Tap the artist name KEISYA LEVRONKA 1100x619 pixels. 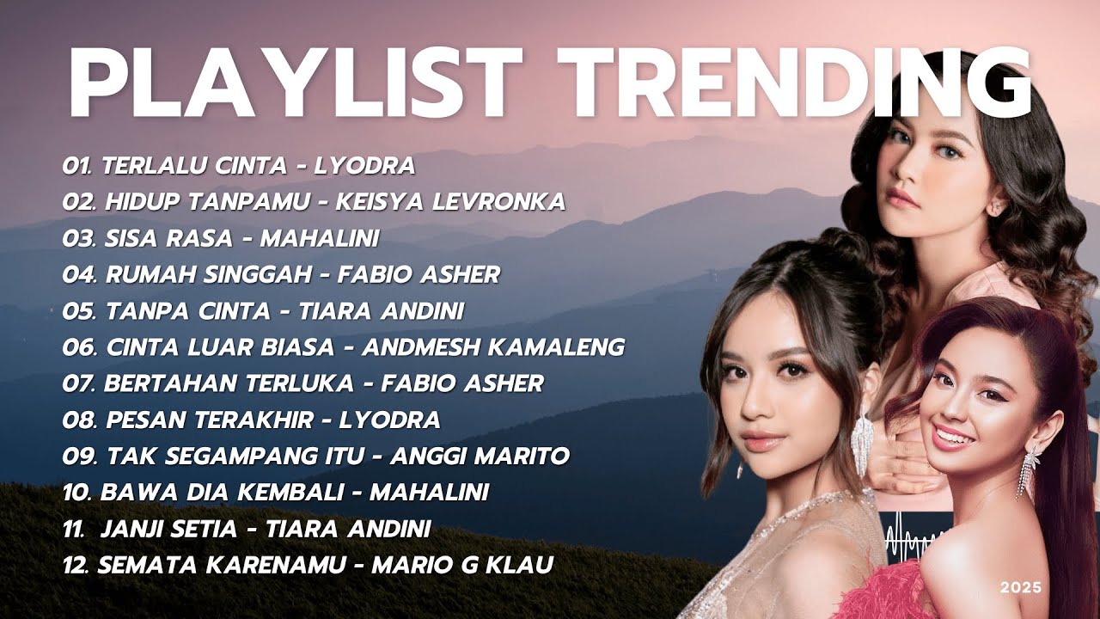coord(450,202)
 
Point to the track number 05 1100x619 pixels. coord(78,311)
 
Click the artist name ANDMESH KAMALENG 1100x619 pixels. coord(493,347)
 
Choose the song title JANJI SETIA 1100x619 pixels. coord(168,530)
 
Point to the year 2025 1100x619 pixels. coord(1020,588)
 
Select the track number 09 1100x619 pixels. coord(78,457)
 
